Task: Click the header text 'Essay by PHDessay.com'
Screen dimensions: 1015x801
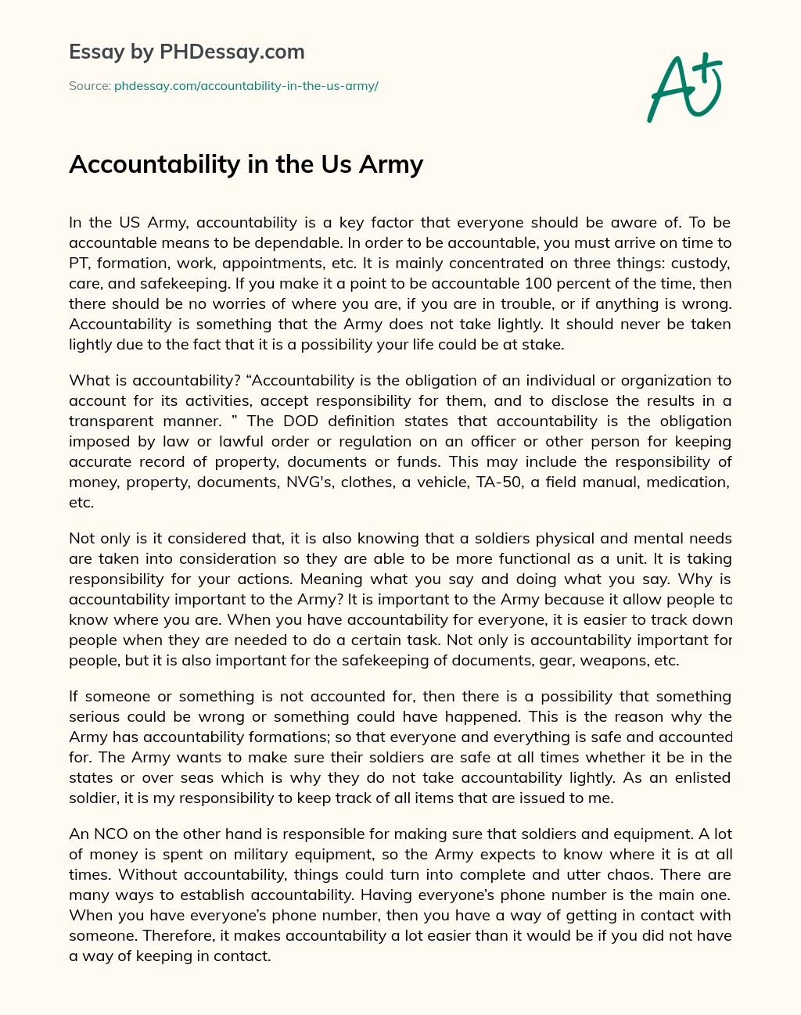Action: coord(186,52)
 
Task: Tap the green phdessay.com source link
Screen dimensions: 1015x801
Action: coord(246,86)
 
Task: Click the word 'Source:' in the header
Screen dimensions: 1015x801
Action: coord(89,86)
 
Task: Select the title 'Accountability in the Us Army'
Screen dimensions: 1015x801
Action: coord(246,164)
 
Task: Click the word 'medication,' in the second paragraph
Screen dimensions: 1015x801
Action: coord(692,482)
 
